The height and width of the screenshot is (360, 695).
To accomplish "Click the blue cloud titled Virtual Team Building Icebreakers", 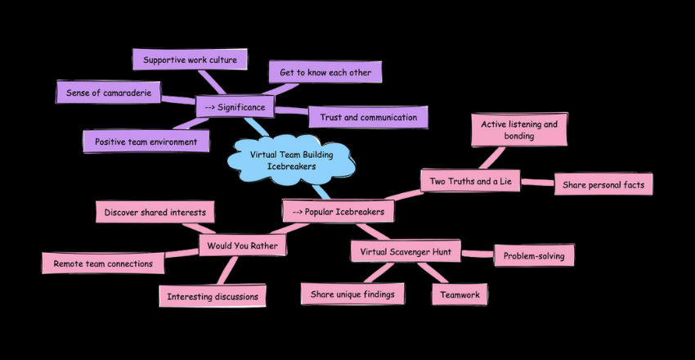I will pyautogui.click(x=291, y=160).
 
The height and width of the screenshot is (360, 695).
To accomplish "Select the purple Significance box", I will pyautogui.click(x=235, y=107).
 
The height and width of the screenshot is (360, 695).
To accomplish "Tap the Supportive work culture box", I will pyautogui.click(x=190, y=60).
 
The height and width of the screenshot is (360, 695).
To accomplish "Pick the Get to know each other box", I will pyautogui.click(x=325, y=72).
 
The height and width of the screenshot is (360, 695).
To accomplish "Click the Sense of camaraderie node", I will pyautogui.click(x=108, y=92).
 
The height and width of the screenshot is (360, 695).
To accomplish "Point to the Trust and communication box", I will pyautogui.click(x=368, y=117).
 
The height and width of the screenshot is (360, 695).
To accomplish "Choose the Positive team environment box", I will pyautogui.click(x=146, y=142).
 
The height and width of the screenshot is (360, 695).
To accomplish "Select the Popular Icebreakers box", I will pyautogui.click(x=339, y=211).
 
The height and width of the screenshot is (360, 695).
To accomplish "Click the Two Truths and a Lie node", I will pyautogui.click(x=470, y=181).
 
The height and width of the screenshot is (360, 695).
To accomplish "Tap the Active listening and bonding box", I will pyautogui.click(x=519, y=130).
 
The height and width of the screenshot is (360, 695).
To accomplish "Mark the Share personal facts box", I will pyautogui.click(x=603, y=185).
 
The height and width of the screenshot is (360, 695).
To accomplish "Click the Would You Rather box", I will pyautogui.click(x=243, y=245).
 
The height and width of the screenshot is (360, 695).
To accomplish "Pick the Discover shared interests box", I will pyautogui.click(x=155, y=213).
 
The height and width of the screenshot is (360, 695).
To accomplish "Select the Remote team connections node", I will pyautogui.click(x=103, y=263).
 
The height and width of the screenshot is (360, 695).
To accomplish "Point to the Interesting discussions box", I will pyautogui.click(x=212, y=296).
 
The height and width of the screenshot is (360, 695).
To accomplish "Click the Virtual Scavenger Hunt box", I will pyautogui.click(x=406, y=251).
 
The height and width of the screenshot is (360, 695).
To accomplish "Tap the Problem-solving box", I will pyautogui.click(x=534, y=255).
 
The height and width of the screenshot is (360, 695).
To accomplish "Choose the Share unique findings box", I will pyautogui.click(x=352, y=294).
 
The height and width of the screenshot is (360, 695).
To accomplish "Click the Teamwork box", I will pyautogui.click(x=460, y=295).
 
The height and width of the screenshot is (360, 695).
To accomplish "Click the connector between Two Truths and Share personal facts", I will pyautogui.click(x=537, y=182).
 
